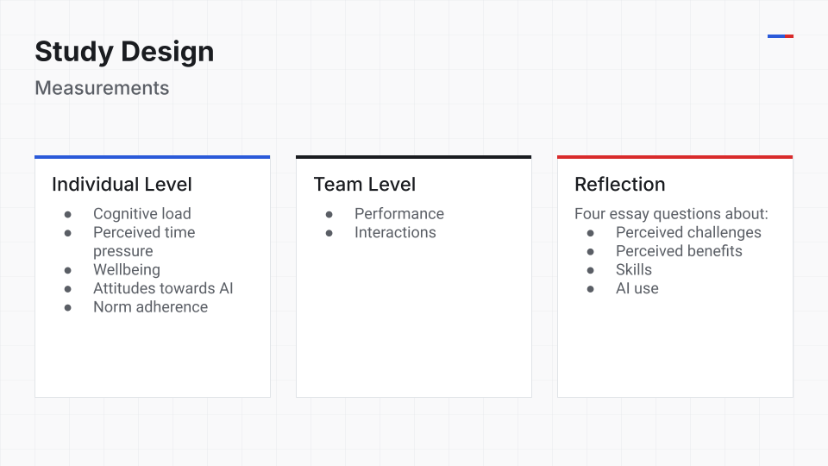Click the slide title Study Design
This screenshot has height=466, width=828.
(124, 53)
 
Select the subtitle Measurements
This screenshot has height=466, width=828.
(102, 88)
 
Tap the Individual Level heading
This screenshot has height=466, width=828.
(122, 185)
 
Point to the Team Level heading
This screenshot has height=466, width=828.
(364, 185)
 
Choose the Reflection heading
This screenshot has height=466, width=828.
(620, 185)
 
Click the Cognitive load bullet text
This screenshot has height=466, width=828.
(142, 213)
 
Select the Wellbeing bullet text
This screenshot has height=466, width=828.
(127, 269)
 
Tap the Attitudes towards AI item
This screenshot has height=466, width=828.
(163, 288)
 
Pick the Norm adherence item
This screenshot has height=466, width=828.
(150, 307)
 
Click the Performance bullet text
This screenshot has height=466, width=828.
(399, 213)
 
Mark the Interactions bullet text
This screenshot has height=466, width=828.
(396, 232)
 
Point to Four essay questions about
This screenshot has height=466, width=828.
(671, 213)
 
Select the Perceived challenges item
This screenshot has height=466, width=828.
(688, 232)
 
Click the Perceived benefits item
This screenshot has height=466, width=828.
(679, 251)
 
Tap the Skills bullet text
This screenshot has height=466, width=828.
(634, 269)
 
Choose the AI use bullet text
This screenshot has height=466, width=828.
(637, 288)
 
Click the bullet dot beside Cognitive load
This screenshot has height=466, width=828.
(67, 215)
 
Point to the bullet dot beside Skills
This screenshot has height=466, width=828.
(590, 270)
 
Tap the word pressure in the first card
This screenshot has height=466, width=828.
(123, 251)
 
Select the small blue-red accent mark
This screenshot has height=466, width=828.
(781, 36)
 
